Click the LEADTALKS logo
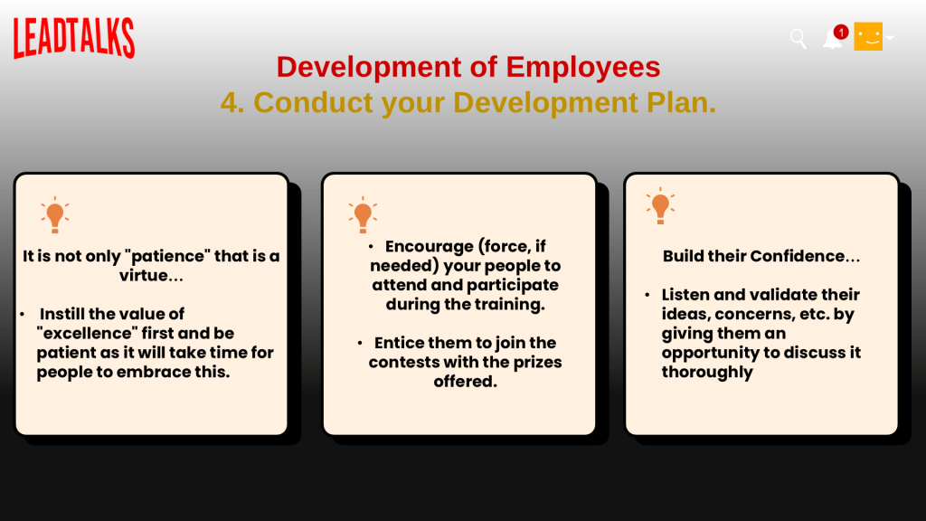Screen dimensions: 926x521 pos(74,38)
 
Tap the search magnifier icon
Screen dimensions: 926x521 pos(798,39)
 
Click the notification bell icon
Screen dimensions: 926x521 pos(832,40)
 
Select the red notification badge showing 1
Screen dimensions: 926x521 pos(841,32)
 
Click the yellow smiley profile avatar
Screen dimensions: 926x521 pos(868,36)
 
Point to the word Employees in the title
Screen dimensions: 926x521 pos(583,67)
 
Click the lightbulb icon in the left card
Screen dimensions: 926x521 pos(55,215)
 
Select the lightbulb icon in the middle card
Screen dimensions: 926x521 pos(363,215)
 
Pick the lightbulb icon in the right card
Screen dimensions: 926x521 pos(660,206)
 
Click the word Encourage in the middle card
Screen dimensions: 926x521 pos(430,246)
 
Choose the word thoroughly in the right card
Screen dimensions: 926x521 pos(707,372)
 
